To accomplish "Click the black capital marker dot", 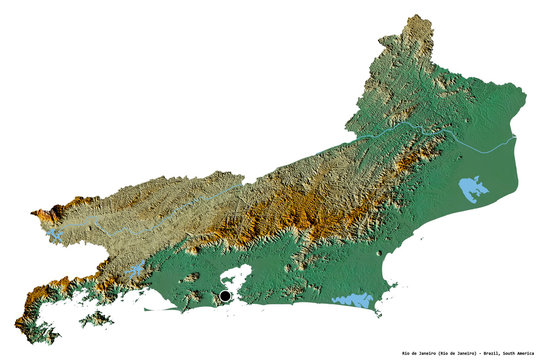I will pyautogui.click(x=226, y=296).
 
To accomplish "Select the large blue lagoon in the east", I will pyautogui.click(x=470, y=187).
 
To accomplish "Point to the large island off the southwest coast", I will pyautogui.click(x=97, y=319).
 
